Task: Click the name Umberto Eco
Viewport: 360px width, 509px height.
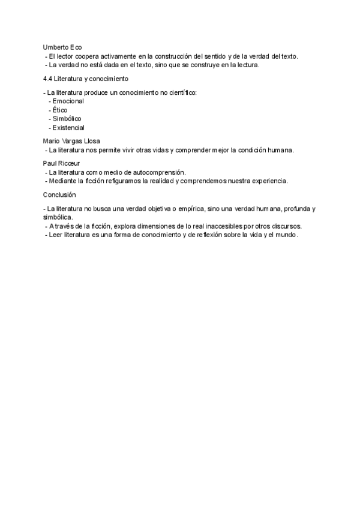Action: click(62, 47)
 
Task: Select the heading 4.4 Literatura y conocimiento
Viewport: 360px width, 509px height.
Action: click(85, 79)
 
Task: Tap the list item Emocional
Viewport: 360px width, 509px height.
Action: click(68, 101)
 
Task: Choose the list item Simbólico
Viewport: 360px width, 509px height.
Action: click(67, 119)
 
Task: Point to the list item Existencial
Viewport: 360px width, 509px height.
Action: click(68, 127)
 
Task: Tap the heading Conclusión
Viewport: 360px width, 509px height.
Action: click(60, 194)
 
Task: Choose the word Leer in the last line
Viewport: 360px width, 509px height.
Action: click(56, 235)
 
